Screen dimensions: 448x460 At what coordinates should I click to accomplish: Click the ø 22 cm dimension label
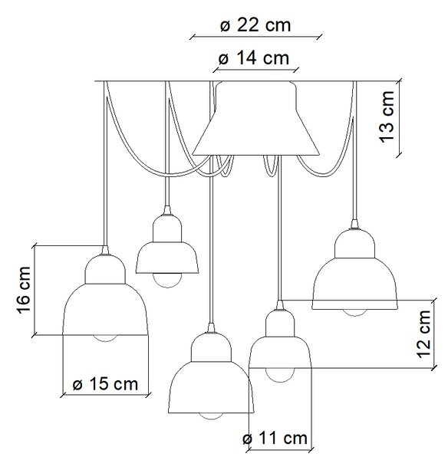(255, 25)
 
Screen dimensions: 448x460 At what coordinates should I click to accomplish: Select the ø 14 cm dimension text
(254, 58)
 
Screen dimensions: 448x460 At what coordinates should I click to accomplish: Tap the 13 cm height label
(387, 117)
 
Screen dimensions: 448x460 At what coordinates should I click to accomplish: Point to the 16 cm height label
(24, 290)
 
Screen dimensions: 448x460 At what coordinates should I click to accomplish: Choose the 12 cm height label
(423, 333)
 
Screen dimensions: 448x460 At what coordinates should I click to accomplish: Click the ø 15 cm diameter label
(105, 384)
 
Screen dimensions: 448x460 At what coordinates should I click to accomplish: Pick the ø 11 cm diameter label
(275, 439)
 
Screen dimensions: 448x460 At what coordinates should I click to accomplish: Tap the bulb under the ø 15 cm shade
(105, 338)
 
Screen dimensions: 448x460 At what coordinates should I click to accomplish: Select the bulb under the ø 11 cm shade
(280, 375)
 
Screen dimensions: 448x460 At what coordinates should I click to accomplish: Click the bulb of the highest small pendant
(167, 280)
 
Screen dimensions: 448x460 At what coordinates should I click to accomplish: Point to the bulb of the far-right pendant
(354, 313)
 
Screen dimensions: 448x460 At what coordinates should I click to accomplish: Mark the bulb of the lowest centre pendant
(211, 416)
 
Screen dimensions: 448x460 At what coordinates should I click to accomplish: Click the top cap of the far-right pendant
(354, 244)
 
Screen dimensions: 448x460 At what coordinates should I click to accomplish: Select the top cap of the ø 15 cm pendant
(105, 269)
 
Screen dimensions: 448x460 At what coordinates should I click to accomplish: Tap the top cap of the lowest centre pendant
(211, 347)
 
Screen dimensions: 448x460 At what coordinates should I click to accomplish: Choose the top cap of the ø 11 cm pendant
(280, 324)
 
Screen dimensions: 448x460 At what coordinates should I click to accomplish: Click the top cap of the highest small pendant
(167, 228)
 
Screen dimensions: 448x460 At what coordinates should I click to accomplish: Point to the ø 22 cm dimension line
(255, 38)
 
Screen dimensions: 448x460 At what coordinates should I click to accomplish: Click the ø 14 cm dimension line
(255, 70)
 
